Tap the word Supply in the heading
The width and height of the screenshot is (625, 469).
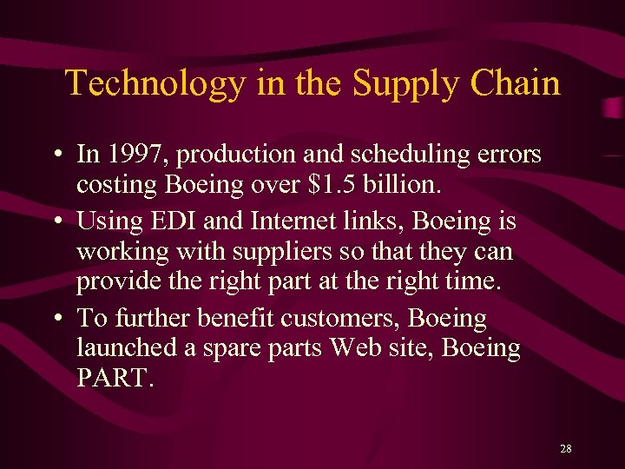point(400,84)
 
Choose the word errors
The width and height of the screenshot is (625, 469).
point(509,155)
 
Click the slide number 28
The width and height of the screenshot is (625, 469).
point(566,449)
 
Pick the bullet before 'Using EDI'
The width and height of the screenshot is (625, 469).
point(55,222)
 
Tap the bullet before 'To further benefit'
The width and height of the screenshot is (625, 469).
point(55,320)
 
